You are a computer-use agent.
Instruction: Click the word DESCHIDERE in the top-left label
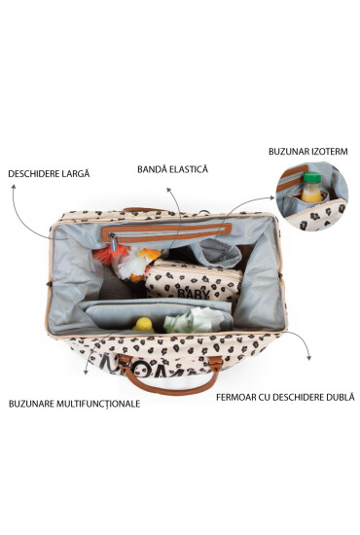[36, 174]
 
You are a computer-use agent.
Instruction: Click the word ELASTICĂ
[193, 168]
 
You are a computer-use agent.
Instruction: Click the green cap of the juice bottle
[310, 179]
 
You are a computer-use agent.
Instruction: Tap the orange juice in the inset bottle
[310, 194]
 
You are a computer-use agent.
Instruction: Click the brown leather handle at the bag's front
[180, 375]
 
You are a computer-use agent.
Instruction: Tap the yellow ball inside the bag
[143, 324]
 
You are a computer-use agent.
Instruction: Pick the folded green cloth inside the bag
[185, 320]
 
